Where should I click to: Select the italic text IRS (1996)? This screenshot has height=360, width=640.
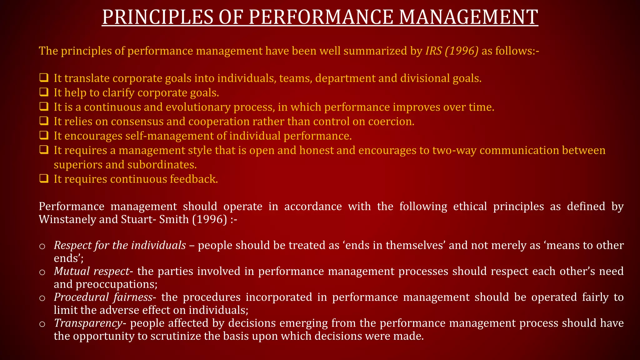pos(452,51)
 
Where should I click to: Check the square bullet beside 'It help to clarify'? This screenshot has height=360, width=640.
pos(44,92)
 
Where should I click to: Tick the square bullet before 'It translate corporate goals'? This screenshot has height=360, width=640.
pos(44,78)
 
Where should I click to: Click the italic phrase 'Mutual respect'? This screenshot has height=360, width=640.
pos(91,271)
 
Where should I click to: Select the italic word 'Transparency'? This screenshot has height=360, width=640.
pos(88,323)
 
